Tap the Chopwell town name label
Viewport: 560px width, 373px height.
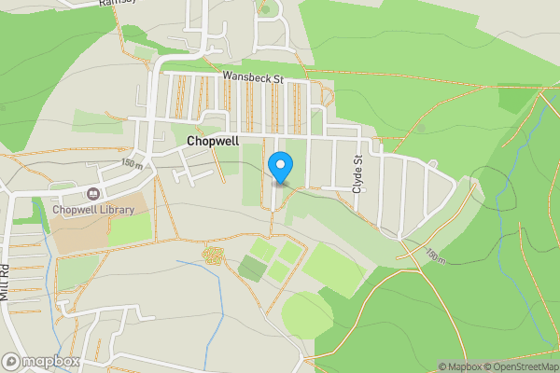point(213,141)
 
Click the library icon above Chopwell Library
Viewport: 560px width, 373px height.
point(93,194)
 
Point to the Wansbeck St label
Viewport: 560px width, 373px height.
point(252,79)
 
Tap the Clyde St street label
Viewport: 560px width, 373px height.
point(357,173)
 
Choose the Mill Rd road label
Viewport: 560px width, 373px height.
point(5,280)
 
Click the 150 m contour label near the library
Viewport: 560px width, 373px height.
point(132,164)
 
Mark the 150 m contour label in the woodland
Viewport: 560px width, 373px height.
point(435,255)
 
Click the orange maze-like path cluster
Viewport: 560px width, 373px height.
point(213,254)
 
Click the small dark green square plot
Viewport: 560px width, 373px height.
point(251,269)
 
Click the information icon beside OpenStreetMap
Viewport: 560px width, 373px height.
point(553,366)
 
